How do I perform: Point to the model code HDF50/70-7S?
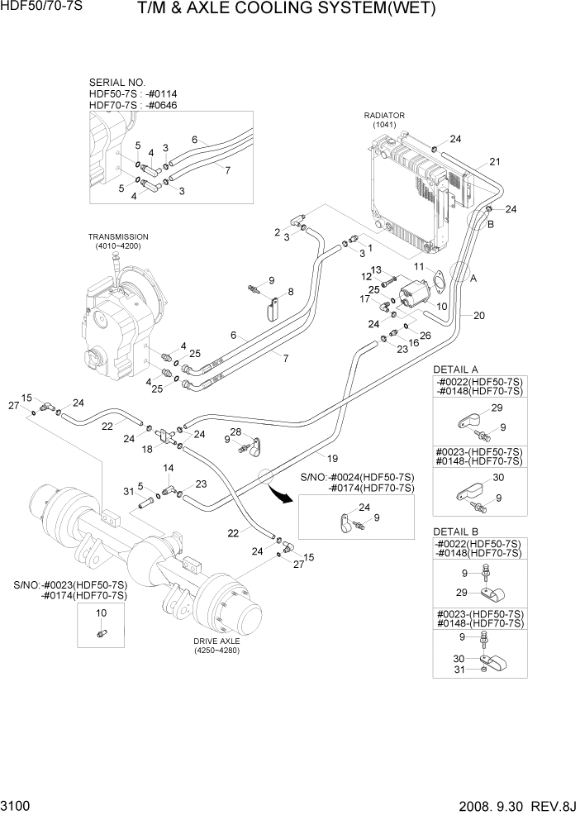(x=37, y=7)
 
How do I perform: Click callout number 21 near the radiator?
(x=495, y=161)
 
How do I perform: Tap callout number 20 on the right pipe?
(x=478, y=315)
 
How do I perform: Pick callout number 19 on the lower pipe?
(x=333, y=458)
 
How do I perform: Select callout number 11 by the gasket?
(x=419, y=266)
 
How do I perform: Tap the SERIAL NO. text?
(x=116, y=83)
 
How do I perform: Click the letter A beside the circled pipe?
(x=473, y=279)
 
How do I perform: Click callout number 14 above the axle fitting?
(x=169, y=468)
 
